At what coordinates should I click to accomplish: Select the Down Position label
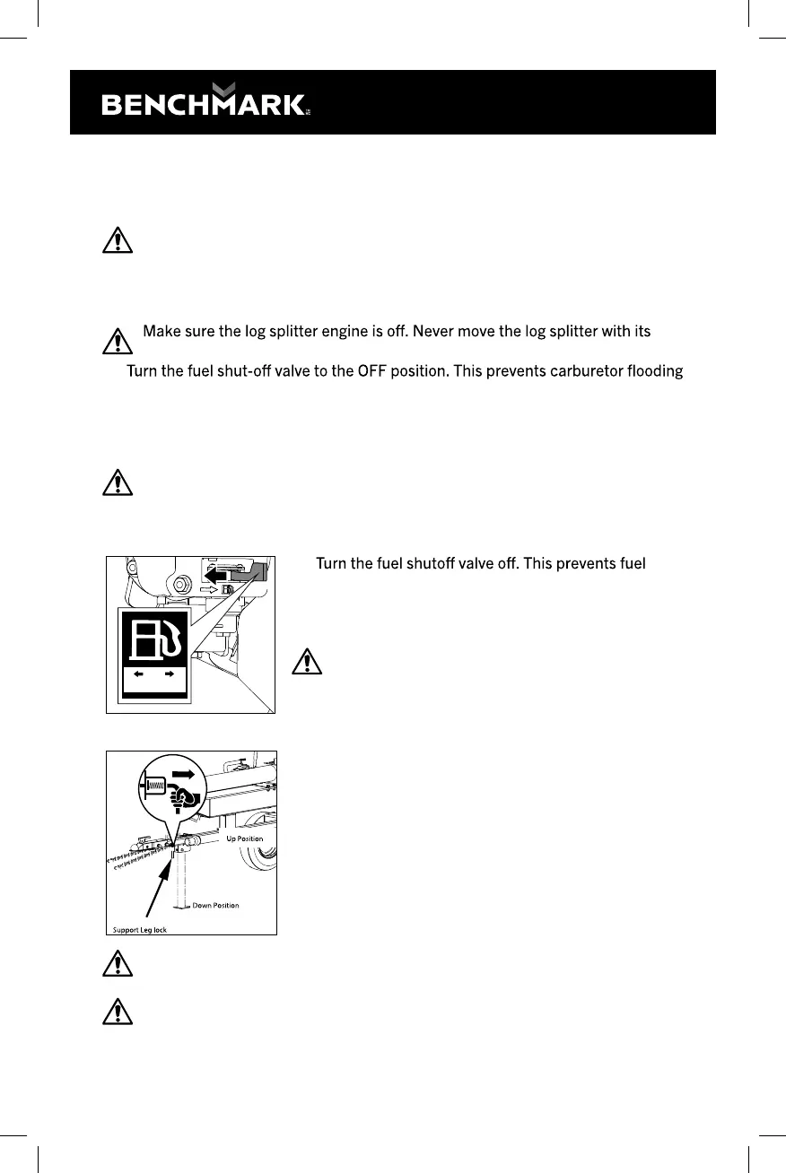(215, 906)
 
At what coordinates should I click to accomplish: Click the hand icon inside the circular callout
(186, 795)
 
